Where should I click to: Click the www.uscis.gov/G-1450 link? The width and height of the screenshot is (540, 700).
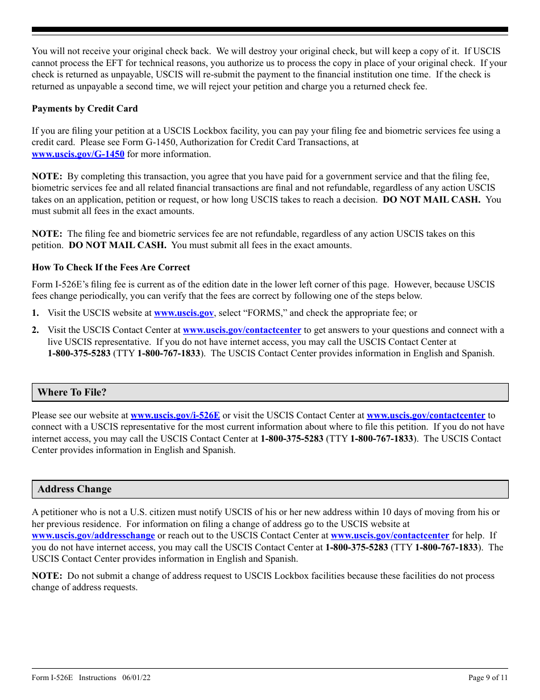78,154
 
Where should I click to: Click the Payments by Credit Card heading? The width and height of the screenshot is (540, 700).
85,109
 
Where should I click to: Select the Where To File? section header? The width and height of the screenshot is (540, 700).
72,392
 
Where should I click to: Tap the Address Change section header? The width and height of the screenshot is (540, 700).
74,489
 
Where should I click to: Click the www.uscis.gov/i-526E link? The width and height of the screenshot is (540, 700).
175,415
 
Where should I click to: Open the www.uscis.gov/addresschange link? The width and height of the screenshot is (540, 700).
93,536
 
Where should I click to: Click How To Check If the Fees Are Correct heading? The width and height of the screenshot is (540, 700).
111,267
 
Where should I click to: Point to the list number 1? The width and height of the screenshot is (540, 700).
35,313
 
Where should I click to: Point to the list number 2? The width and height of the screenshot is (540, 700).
35,330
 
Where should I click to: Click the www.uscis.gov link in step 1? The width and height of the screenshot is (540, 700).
184,313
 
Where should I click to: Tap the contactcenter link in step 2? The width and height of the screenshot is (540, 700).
242,330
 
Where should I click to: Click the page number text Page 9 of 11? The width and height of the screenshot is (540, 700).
488,678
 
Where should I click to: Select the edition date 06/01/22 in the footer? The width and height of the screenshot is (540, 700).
136,678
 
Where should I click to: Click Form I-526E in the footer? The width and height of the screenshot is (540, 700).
53,678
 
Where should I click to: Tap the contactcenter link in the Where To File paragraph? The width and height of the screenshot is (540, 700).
426,415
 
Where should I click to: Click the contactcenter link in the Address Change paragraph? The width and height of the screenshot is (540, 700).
390,536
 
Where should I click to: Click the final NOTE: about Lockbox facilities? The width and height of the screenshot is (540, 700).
47,576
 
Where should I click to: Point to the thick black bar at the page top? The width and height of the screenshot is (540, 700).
270,30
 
